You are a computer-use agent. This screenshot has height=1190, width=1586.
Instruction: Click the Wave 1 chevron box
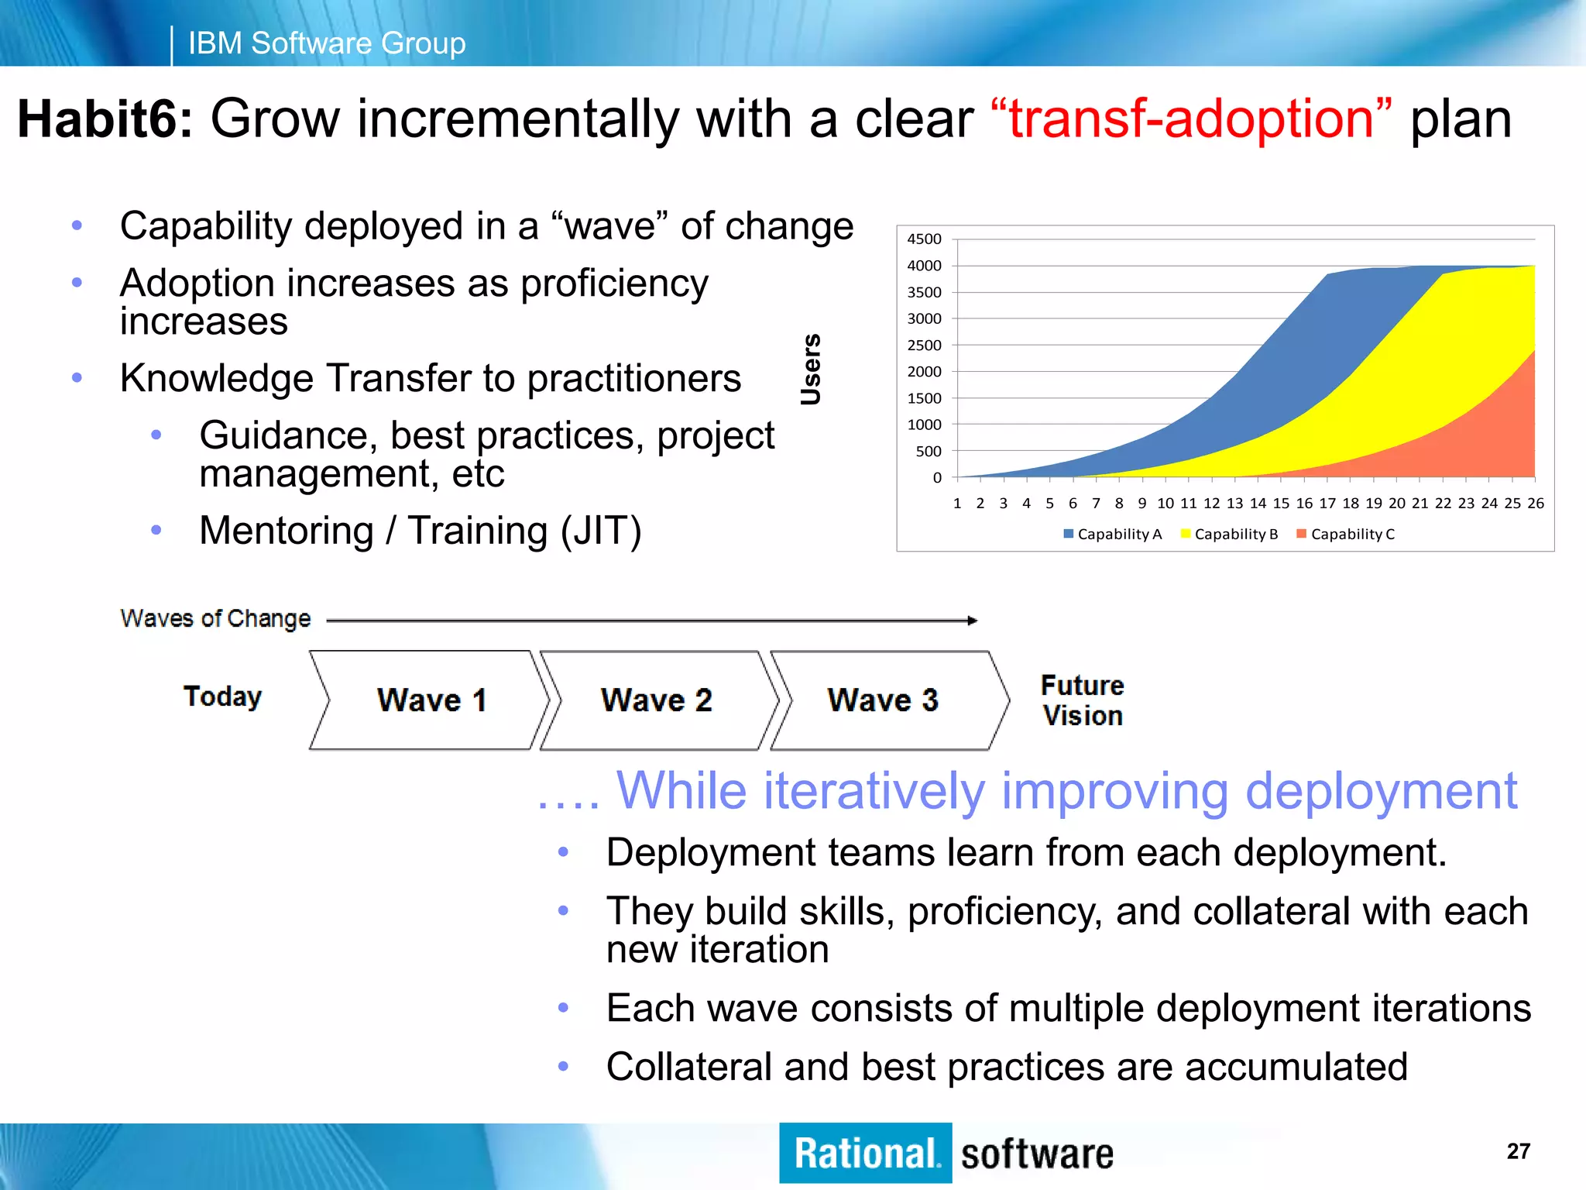point(431,700)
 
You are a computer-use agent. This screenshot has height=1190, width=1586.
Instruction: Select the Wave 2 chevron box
point(657,700)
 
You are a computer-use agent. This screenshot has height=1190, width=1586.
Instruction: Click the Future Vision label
point(1083,700)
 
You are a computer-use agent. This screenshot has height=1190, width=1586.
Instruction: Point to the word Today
point(223,696)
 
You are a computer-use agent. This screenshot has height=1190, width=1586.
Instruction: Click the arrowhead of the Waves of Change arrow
point(973,621)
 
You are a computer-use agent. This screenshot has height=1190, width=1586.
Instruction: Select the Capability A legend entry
point(1113,534)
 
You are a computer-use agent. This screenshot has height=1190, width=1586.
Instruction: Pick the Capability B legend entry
point(1229,534)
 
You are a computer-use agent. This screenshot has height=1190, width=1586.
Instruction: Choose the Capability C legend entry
point(1346,534)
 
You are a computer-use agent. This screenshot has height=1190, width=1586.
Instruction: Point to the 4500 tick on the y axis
point(924,239)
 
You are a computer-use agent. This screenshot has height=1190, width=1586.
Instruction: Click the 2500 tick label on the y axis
point(924,346)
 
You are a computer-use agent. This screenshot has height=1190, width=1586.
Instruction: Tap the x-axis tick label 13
point(1235,504)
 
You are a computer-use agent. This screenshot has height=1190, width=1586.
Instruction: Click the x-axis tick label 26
point(1536,504)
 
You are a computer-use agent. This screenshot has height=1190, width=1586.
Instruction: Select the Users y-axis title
point(811,370)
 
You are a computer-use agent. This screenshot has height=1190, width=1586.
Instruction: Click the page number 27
point(1518,1151)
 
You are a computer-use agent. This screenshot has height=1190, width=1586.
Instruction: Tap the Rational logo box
point(865,1154)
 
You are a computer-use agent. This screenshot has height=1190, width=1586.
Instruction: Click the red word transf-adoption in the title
point(1191,119)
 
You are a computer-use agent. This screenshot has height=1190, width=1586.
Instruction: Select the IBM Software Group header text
point(327,43)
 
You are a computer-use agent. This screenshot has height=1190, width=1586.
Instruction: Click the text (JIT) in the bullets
point(601,531)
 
